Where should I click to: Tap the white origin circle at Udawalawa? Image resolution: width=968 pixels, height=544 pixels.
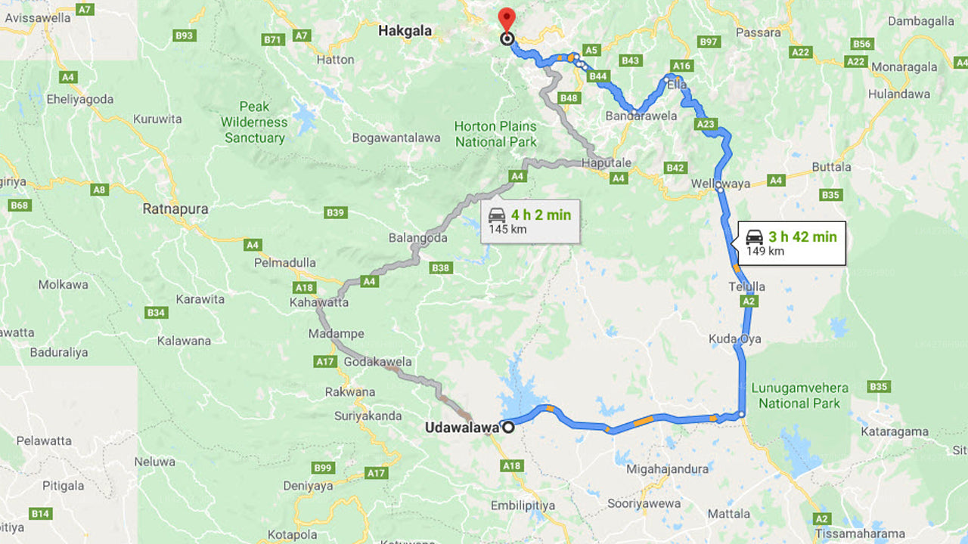[x=508, y=428]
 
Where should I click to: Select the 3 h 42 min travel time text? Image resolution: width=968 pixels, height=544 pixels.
[x=802, y=237]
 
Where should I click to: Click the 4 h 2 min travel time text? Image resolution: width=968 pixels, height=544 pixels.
[x=541, y=215]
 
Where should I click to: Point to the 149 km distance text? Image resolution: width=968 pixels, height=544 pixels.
[x=765, y=252]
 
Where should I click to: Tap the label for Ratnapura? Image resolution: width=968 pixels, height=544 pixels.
[x=175, y=209]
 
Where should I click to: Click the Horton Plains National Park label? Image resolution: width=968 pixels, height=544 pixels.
[x=495, y=134]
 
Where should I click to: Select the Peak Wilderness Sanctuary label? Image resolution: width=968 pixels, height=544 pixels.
[x=255, y=122]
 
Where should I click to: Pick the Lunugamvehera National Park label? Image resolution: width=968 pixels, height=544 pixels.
[x=799, y=395]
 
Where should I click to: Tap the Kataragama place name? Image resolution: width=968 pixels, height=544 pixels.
[x=895, y=432]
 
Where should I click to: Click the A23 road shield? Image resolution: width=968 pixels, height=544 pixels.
[x=705, y=124]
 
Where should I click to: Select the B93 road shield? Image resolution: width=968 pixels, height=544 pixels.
[x=185, y=36]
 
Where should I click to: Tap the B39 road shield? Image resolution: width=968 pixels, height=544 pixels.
[x=336, y=212]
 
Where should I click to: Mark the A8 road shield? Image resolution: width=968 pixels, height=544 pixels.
[x=99, y=190]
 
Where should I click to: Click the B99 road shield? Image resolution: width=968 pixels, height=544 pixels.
[x=323, y=468]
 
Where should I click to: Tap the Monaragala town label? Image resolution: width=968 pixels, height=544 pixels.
[x=904, y=66]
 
